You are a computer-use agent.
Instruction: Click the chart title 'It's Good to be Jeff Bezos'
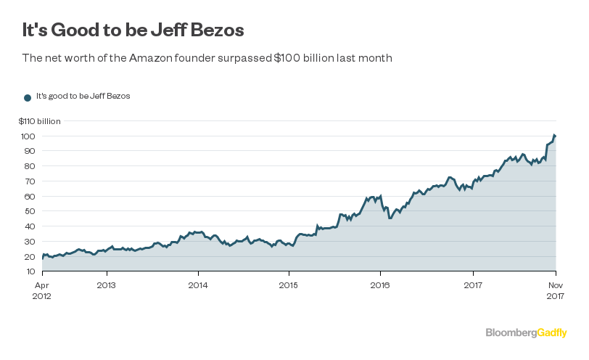click(132, 30)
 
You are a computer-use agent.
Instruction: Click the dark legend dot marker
click(28, 97)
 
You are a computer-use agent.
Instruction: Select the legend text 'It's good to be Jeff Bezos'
click(83, 96)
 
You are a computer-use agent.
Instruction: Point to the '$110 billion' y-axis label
click(40, 120)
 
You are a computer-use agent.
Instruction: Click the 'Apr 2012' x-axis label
click(42, 290)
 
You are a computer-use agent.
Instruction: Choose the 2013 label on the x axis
click(106, 285)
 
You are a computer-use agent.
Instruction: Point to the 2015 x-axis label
click(289, 285)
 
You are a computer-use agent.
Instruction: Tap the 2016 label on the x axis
click(380, 285)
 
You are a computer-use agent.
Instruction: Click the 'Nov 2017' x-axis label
click(556, 290)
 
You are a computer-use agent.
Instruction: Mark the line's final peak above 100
click(554, 135)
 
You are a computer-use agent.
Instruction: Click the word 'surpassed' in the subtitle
click(245, 58)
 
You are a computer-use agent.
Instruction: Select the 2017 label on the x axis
click(472, 285)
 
